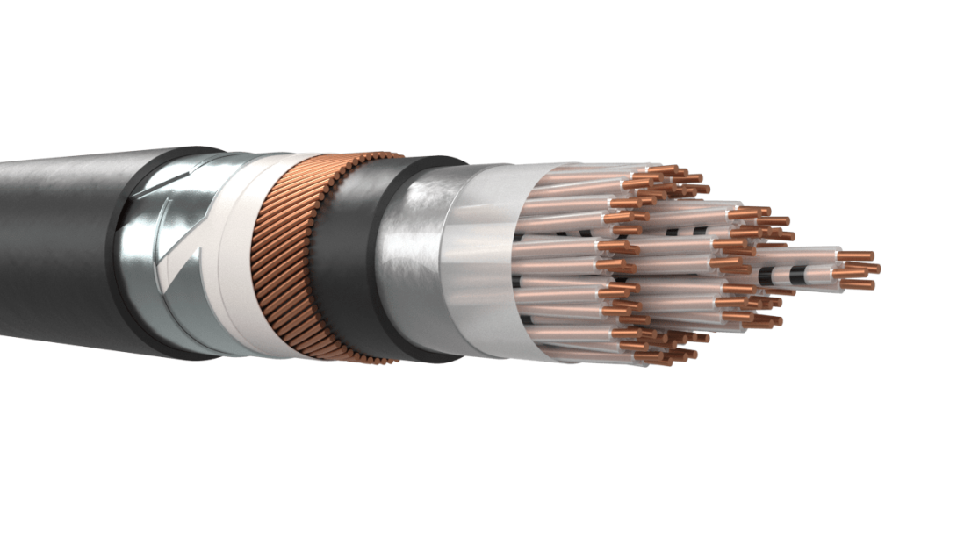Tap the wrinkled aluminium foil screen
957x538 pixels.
(x=413, y=263)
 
